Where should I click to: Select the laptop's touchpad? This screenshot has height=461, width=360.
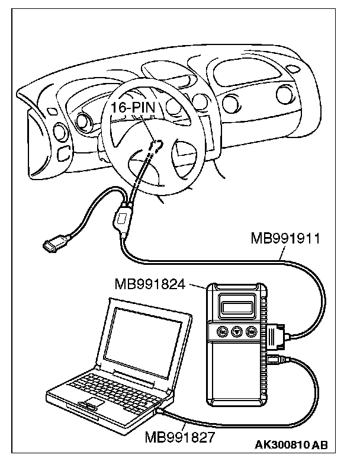click(x=90, y=405)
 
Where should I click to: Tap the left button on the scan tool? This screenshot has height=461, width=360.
click(x=223, y=332)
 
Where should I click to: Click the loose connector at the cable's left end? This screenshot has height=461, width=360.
click(x=54, y=244)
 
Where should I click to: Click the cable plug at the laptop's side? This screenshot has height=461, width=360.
click(x=160, y=408)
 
